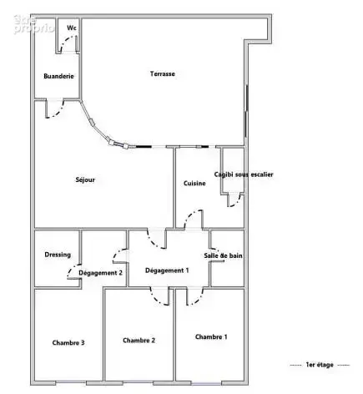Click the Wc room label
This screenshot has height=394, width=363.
(x=72, y=28)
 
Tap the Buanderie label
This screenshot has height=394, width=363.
(x=58, y=76)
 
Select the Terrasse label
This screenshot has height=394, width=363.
(x=163, y=73)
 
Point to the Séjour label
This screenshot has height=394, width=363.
(x=85, y=179)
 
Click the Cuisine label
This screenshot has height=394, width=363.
(x=194, y=183)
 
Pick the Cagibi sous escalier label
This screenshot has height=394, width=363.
(x=244, y=174)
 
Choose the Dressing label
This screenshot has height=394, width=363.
(x=58, y=255)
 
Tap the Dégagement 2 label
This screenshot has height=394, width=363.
(x=100, y=273)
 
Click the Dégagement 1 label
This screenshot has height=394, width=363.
(x=167, y=270)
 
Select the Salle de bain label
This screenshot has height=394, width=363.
(x=223, y=255)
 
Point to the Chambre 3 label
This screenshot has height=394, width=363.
(x=68, y=342)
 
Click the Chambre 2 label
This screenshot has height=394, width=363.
(x=139, y=341)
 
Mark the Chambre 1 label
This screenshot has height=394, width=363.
(x=211, y=336)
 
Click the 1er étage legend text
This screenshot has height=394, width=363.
(x=320, y=365)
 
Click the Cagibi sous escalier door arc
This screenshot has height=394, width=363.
(x=236, y=203)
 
